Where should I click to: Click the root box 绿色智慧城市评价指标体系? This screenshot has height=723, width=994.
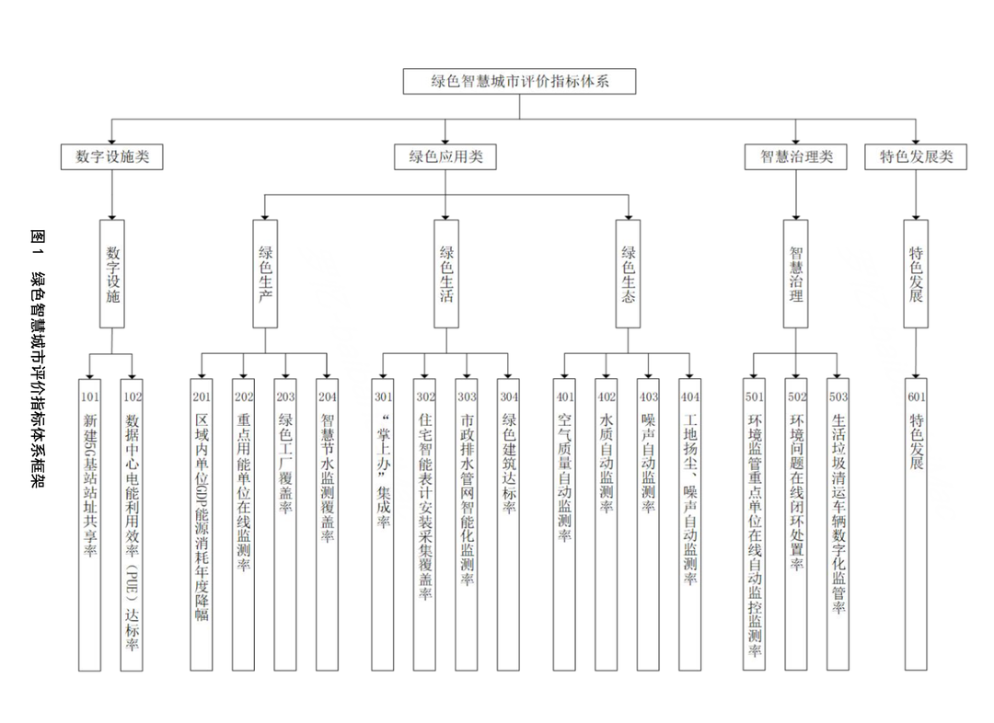click(519, 81)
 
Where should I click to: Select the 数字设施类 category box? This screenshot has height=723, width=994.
click(111, 156)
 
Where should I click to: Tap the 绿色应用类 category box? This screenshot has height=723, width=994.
click(445, 156)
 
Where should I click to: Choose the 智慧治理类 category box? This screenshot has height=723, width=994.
click(796, 156)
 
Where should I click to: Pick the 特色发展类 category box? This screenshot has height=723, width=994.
click(916, 156)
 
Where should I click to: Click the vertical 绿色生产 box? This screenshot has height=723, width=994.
click(265, 273)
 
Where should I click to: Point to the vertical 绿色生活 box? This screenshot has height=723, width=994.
click(445, 273)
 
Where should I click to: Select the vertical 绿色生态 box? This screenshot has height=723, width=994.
click(629, 273)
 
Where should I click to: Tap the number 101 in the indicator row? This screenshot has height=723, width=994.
click(89, 397)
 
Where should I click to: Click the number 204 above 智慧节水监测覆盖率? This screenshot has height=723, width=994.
click(327, 397)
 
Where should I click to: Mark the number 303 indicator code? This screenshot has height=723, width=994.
click(467, 397)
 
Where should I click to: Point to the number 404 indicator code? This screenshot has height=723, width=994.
click(690, 397)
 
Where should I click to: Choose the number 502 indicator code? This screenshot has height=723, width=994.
click(797, 397)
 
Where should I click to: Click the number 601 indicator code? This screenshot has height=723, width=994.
click(916, 397)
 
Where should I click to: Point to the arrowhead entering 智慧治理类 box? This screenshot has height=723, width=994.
click(796, 140)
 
